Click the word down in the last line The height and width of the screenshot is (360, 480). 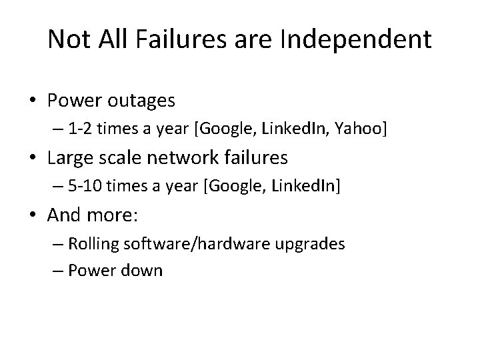click(145, 271)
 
